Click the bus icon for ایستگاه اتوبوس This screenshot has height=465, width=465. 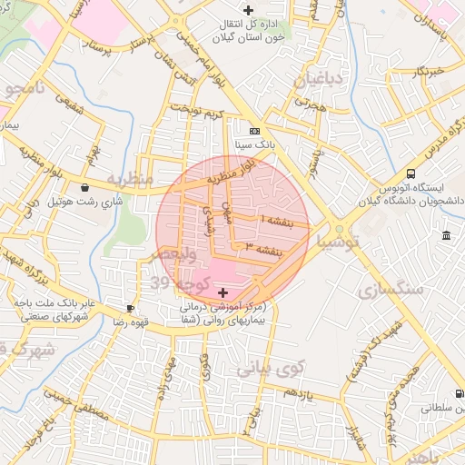[411, 173]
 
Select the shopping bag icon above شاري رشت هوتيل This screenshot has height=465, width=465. [85, 188]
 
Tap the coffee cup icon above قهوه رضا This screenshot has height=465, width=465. [131, 309]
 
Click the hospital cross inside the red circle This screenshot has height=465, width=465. [224, 292]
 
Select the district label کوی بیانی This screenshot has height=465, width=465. [268, 368]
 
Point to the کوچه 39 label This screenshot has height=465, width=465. [184, 283]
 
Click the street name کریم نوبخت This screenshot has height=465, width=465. [202, 114]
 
